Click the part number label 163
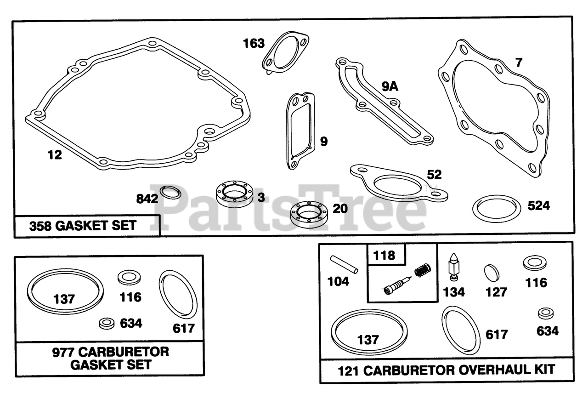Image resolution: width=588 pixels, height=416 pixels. pos(254,44)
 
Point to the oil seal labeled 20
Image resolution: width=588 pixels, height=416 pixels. pos(308,214)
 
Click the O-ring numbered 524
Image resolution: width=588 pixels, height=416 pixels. pos(497,208)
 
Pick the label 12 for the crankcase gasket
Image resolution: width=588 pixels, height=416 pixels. pos(54,155)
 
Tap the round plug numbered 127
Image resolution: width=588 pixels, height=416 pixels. pos(491,272)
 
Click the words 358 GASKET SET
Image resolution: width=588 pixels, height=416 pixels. pos(83,226)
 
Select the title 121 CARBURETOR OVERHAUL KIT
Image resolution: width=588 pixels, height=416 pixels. pos(447,369)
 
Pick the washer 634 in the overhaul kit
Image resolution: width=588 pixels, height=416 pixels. pos(545,313)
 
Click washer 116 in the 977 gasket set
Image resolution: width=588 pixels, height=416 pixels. pos(129,277)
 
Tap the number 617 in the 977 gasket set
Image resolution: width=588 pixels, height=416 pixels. pos(184,328)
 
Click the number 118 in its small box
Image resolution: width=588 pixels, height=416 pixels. pos(384,255)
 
